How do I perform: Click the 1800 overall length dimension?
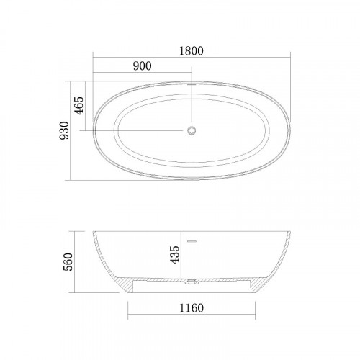point(192,51)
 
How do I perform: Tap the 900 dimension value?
point(143,66)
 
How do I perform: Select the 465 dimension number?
point(79,106)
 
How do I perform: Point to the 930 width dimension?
point(64,130)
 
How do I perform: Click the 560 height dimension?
point(68,262)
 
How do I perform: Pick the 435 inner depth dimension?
point(174,255)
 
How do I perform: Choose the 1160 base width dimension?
point(192,308)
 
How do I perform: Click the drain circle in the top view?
point(192,130)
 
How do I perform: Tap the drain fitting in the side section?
point(192,282)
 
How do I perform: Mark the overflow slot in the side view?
point(192,241)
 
